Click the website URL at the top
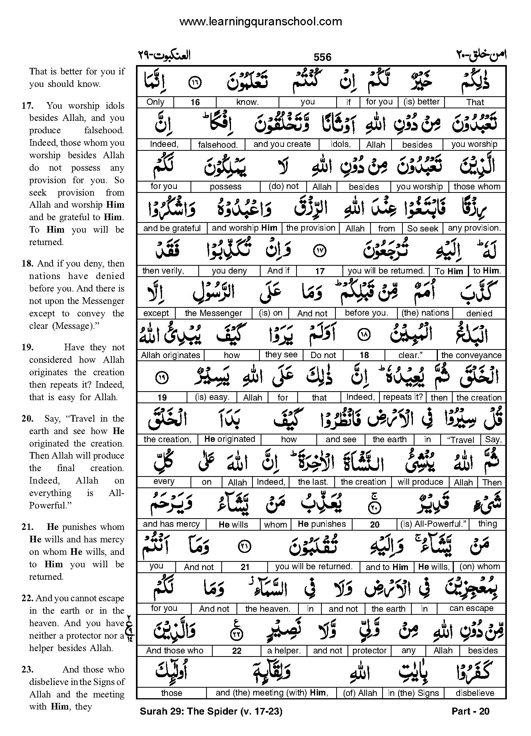[x=260, y=22]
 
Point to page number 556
[x=322, y=58]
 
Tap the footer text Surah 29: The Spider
[x=210, y=711]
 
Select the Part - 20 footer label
[x=470, y=711]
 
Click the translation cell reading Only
[x=155, y=102]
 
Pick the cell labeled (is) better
[x=421, y=102]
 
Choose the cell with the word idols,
[x=340, y=144]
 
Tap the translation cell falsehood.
[x=218, y=145]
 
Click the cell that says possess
[x=225, y=187]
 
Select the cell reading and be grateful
[x=172, y=228]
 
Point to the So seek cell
[x=422, y=229]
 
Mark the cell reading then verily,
[x=163, y=271]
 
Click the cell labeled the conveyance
[x=471, y=355]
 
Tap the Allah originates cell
[x=170, y=355]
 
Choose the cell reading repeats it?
[x=402, y=397]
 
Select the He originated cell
[x=229, y=439]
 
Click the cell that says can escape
[x=471, y=608]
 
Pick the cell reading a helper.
[x=284, y=650]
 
